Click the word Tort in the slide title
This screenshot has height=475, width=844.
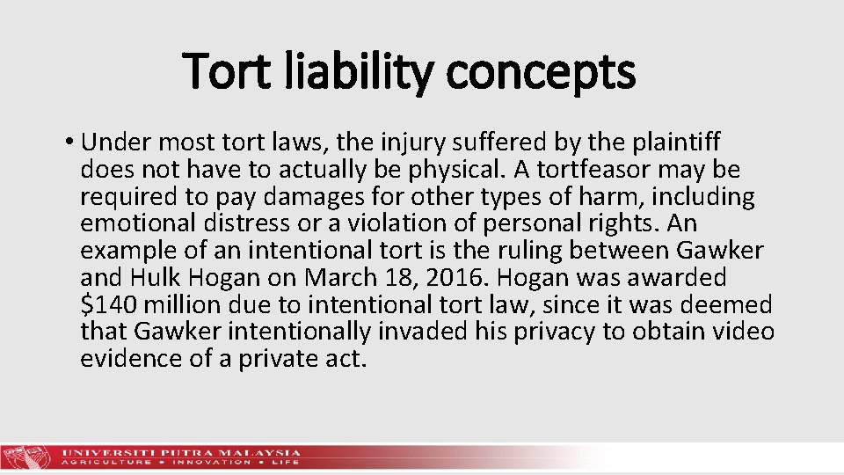tap(226, 71)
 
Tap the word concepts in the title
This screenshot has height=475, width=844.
tap(540, 73)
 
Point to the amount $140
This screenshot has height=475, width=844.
tap(109, 304)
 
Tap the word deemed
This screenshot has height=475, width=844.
tap(733, 304)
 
